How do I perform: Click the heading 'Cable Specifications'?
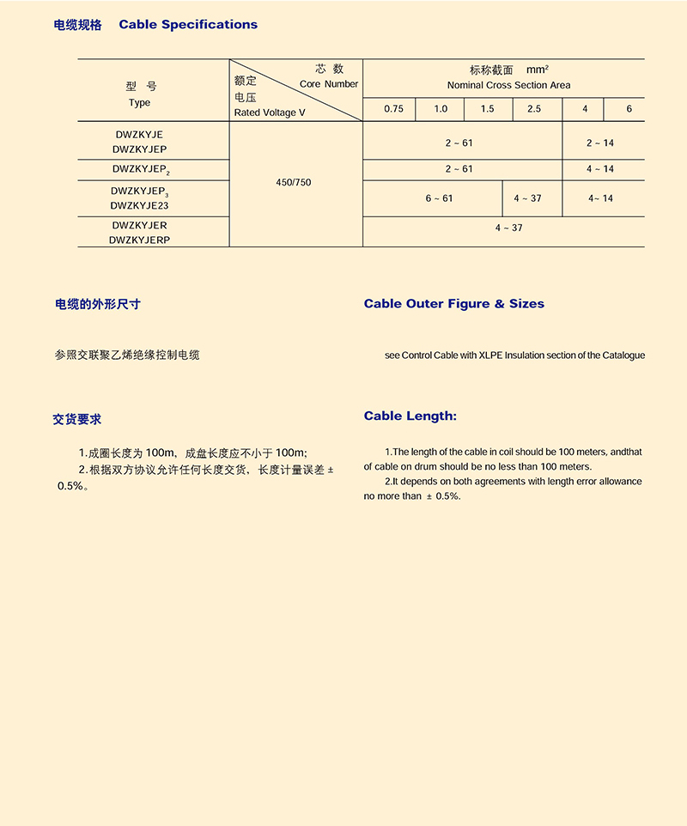coord(188,25)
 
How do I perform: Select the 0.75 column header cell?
coord(393,109)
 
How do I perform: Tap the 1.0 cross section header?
coord(441,109)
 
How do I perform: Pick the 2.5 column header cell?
coord(534,109)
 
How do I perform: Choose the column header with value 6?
coord(629,109)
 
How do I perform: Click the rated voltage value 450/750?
coord(294,184)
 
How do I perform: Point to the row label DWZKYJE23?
coord(140,206)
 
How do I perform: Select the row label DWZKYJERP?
coord(140,240)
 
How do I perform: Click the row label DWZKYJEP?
coord(140,149)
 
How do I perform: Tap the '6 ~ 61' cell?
coord(439,198)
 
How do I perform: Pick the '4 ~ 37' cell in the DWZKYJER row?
coord(508,228)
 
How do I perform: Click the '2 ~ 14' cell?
coord(600,143)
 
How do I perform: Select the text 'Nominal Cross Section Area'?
coord(508,86)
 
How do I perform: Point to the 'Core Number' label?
coord(329,84)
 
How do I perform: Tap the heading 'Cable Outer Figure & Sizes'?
coord(453,304)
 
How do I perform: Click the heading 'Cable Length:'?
coord(410,416)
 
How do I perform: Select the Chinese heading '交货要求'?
coord(77,420)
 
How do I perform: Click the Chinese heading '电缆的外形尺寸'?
coord(98,304)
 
